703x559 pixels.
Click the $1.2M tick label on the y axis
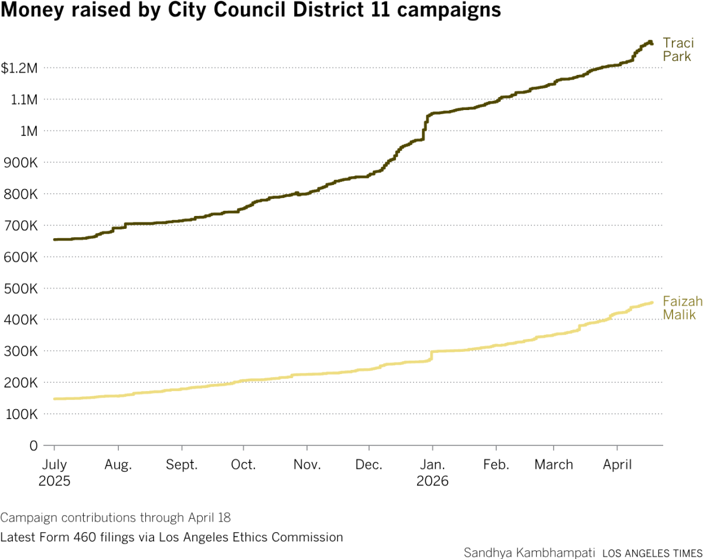(x=19, y=68)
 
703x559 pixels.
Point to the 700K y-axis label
(x=22, y=226)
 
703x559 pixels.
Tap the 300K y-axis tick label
(x=22, y=352)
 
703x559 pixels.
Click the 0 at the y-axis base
(x=33, y=446)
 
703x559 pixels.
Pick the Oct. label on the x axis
(x=243, y=465)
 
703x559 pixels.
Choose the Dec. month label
(x=369, y=465)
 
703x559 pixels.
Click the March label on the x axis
(x=554, y=465)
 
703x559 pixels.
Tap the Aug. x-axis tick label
(x=118, y=465)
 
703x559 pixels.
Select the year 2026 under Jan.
(x=432, y=482)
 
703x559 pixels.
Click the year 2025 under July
(x=54, y=482)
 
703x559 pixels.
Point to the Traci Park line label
(x=678, y=50)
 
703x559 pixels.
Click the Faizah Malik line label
(x=679, y=308)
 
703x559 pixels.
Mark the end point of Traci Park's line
(x=651, y=43)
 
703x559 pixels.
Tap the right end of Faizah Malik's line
(x=652, y=303)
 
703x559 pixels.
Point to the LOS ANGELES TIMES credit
(x=652, y=553)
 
